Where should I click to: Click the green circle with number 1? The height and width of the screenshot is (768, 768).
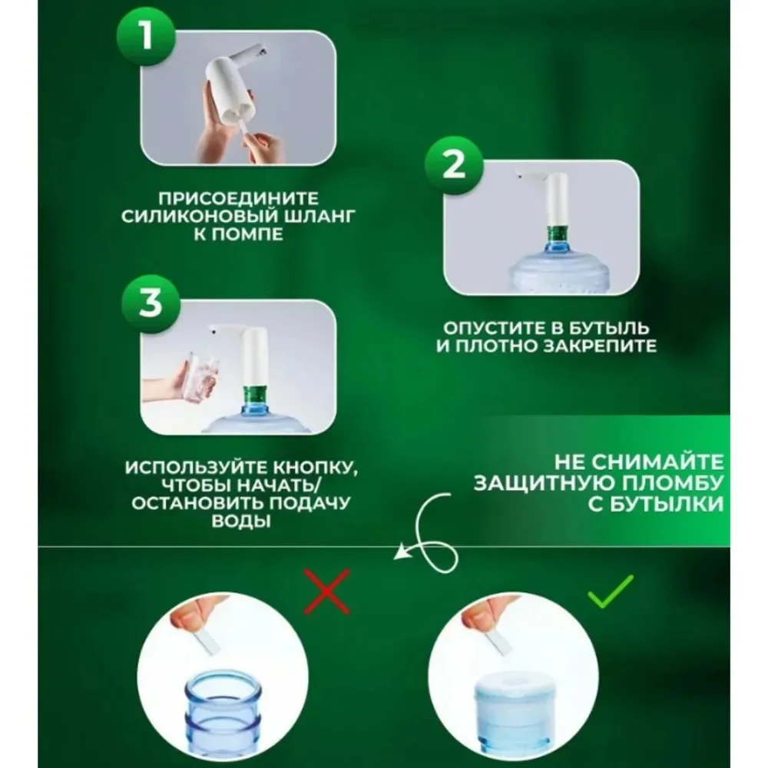pyautogui.click(x=145, y=36)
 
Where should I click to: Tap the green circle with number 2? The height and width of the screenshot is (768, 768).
pyautogui.click(x=453, y=165)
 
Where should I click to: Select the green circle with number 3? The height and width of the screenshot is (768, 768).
pyautogui.click(x=151, y=303)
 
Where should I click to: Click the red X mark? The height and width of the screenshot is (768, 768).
pyautogui.click(x=326, y=591)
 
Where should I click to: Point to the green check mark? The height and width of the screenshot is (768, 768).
pyautogui.click(x=611, y=591)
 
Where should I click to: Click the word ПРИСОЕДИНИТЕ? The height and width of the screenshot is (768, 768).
pyautogui.click(x=239, y=198)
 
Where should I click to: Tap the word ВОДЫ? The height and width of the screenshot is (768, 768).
pyautogui.click(x=241, y=521)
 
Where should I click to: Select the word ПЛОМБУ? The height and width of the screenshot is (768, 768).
pyautogui.click(x=672, y=483)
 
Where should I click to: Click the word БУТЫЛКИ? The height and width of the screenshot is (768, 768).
pyautogui.click(x=656, y=504)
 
